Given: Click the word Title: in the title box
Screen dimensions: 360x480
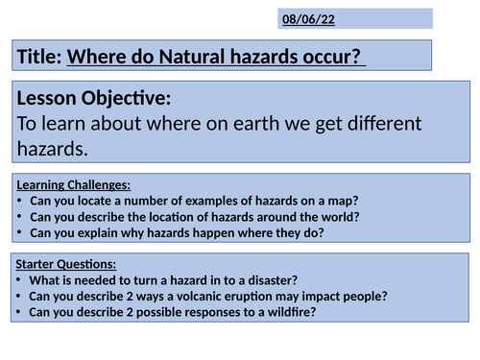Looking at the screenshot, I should [x=39, y=59].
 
